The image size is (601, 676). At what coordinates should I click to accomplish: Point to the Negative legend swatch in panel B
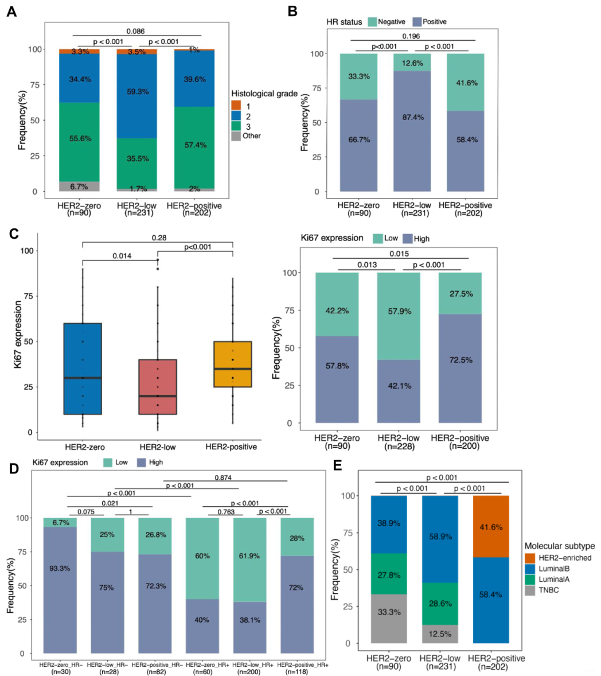coord(371,22)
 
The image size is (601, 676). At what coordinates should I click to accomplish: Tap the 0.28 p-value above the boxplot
coord(158,237)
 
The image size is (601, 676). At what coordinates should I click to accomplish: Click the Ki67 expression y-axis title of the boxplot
coord(19,334)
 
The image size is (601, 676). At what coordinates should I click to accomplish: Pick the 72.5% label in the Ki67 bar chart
coord(462,376)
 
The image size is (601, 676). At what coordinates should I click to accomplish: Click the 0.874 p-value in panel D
coord(223,477)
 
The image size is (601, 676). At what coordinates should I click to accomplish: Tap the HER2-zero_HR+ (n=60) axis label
coord(202,667)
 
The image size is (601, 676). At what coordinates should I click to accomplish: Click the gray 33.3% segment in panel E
coord(389,612)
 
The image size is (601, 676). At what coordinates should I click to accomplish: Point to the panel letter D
coord(11,468)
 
